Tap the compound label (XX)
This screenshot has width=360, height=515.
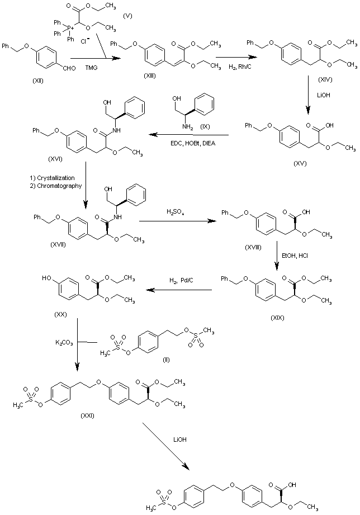pos(61,314)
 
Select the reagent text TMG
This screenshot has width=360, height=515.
pos(91,68)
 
